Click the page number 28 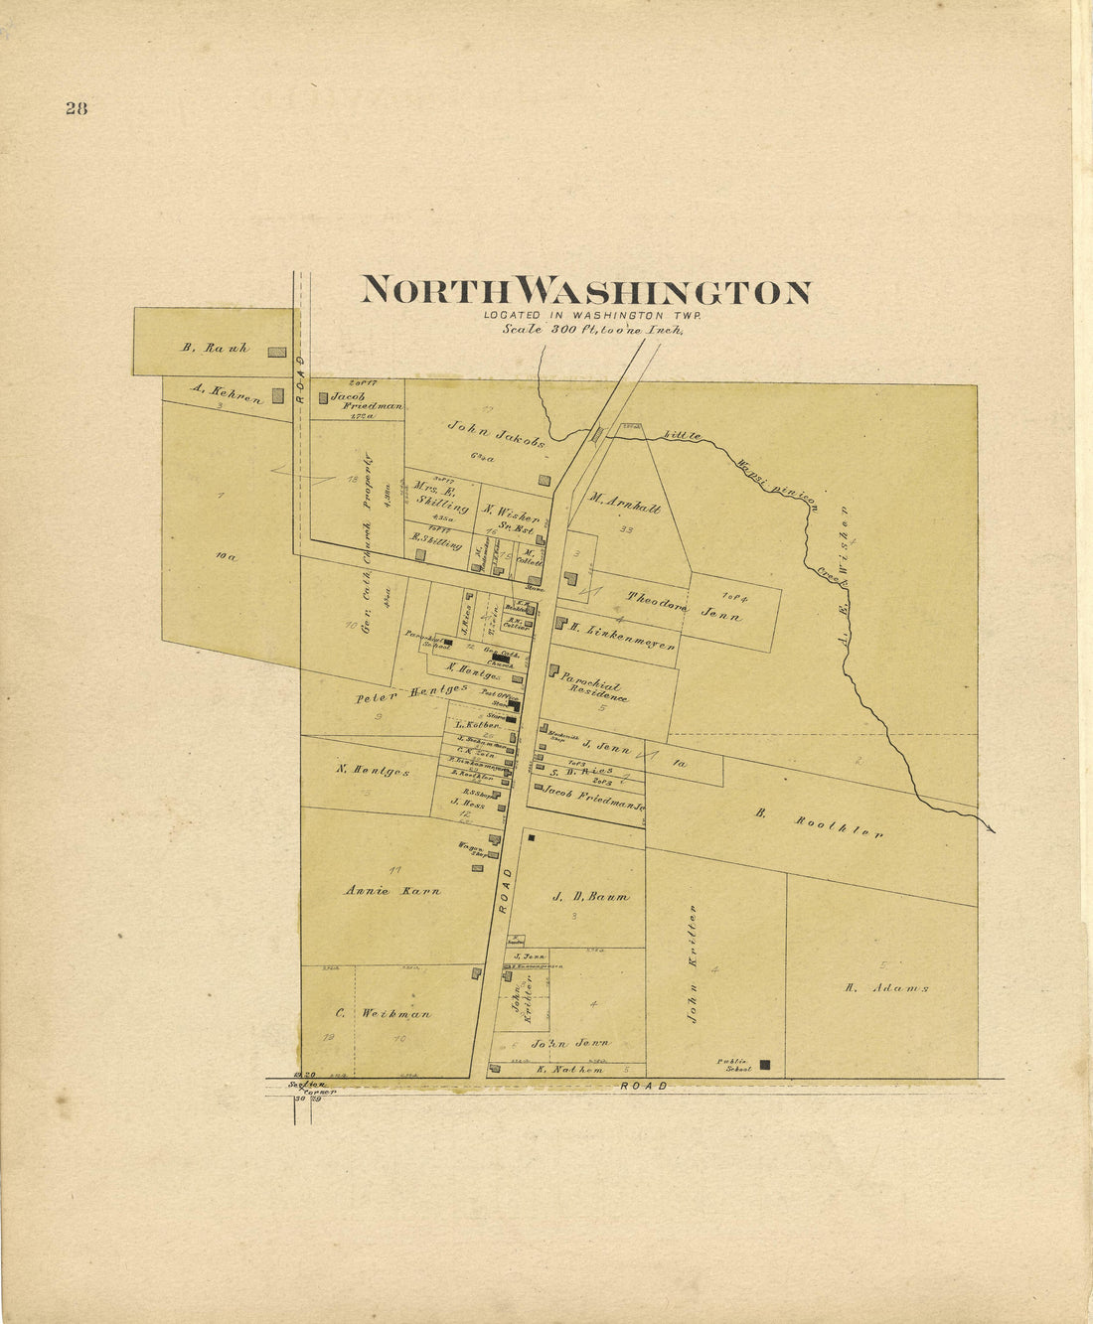77,109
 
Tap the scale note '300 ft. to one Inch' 593,329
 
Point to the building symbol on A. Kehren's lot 277,395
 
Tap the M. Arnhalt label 624,503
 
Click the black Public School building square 765,1065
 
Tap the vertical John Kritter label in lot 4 694,962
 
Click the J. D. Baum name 590,896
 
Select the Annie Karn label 392,890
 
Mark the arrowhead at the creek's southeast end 991,828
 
